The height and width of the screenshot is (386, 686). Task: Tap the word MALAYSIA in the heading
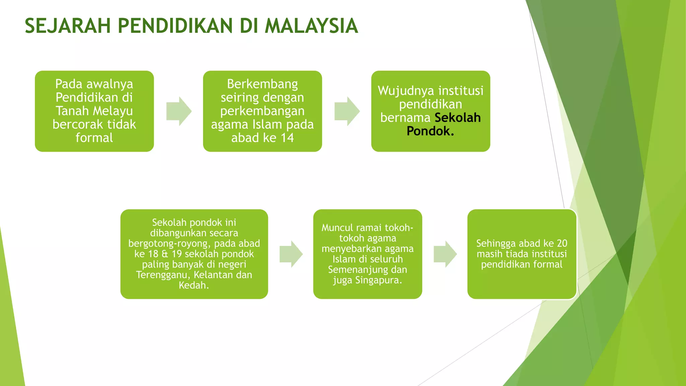click(311, 26)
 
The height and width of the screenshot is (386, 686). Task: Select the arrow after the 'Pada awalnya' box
click(179, 111)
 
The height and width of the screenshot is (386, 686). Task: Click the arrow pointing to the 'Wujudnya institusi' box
click(347, 111)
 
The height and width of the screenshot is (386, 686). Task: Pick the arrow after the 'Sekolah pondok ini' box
click(291, 254)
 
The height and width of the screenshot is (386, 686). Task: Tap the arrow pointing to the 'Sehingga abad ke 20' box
click(445, 254)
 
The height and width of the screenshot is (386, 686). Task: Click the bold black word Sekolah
click(458, 118)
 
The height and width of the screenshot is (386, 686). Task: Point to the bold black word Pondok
click(430, 131)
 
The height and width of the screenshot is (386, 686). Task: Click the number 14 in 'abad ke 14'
click(287, 138)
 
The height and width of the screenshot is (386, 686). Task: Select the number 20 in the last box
click(562, 243)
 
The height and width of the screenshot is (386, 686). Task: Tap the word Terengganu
click(163, 275)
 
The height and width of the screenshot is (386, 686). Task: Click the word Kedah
click(194, 285)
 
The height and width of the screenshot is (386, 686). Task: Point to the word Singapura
click(379, 280)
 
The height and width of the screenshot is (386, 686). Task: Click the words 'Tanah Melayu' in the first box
click(94, 111)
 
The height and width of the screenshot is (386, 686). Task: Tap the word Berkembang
click(262, 84)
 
